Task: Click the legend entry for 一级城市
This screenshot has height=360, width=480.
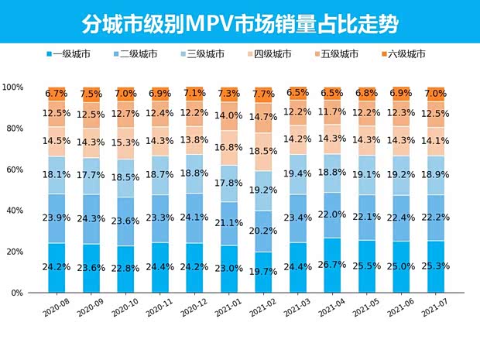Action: click(74, 54)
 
